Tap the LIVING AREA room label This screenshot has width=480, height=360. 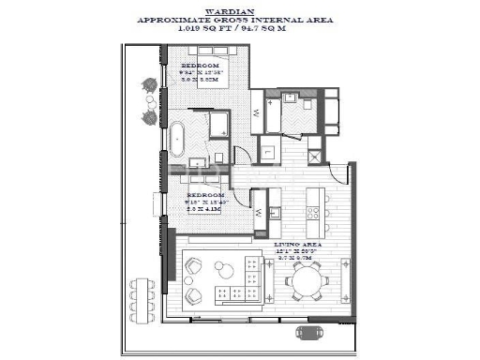point(300,242)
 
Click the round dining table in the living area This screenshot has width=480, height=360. point(307,278)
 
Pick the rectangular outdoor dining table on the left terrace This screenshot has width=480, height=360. point(142,294)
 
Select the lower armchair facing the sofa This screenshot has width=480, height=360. point(193,297)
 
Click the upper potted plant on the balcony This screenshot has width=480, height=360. point(147,85)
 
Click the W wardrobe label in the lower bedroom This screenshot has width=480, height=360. point(258,213)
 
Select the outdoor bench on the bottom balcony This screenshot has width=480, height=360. point(310,332)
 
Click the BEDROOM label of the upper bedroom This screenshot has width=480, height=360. point(202,67)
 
